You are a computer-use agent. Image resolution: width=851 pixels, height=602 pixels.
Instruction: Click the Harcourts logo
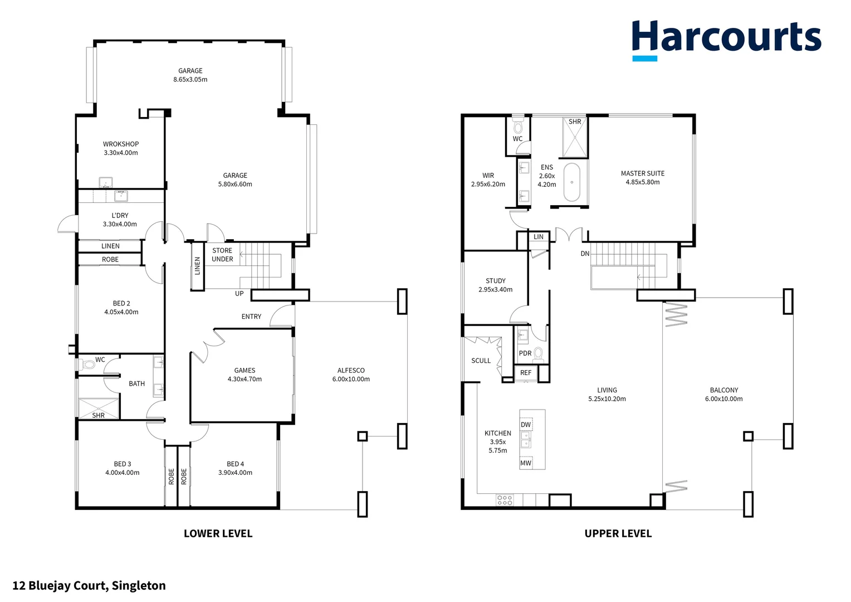click(x=726, y=39)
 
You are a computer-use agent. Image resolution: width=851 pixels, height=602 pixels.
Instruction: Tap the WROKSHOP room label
click(x=121, y=144)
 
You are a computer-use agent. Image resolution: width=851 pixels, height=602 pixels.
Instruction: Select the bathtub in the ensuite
click(x=572, y=182)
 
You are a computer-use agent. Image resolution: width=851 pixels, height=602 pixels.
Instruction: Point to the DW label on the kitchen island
click(x=526, y=425)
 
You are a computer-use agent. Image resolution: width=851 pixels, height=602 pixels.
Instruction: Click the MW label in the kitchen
click(x=526, y=463)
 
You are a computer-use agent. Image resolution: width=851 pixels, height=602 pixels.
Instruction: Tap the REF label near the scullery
click(x=526, y=373)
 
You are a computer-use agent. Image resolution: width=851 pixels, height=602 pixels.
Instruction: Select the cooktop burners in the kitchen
click(x=505, y=500)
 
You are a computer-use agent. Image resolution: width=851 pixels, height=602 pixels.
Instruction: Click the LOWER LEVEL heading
click(x=218, y=533)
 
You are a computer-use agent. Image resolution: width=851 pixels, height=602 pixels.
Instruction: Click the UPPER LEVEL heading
click(x=618, y=533)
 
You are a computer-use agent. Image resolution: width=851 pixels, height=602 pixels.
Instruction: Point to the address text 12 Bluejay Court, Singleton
click(x=89, y=585)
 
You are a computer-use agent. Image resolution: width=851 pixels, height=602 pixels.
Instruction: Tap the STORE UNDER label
click(x=222, y=255)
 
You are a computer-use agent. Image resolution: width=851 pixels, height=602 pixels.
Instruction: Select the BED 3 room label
click(x=123, y=464)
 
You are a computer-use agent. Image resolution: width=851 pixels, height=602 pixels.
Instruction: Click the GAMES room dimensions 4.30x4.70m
click(x=244, y=379)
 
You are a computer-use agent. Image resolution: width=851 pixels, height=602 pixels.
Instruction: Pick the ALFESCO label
click(x=351, y=370)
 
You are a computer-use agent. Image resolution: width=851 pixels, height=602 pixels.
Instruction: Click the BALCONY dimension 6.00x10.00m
click(x=723, y=399)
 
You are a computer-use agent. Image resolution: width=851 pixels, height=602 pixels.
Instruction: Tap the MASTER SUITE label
click(x=643, y=173)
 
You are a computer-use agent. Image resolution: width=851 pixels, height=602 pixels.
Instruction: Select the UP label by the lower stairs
click(x=239, y=294)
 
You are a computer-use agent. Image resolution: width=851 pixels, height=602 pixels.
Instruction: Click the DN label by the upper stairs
click(x=585, y=254)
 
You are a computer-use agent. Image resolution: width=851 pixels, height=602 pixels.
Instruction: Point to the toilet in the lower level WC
click(x=88, y=365)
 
